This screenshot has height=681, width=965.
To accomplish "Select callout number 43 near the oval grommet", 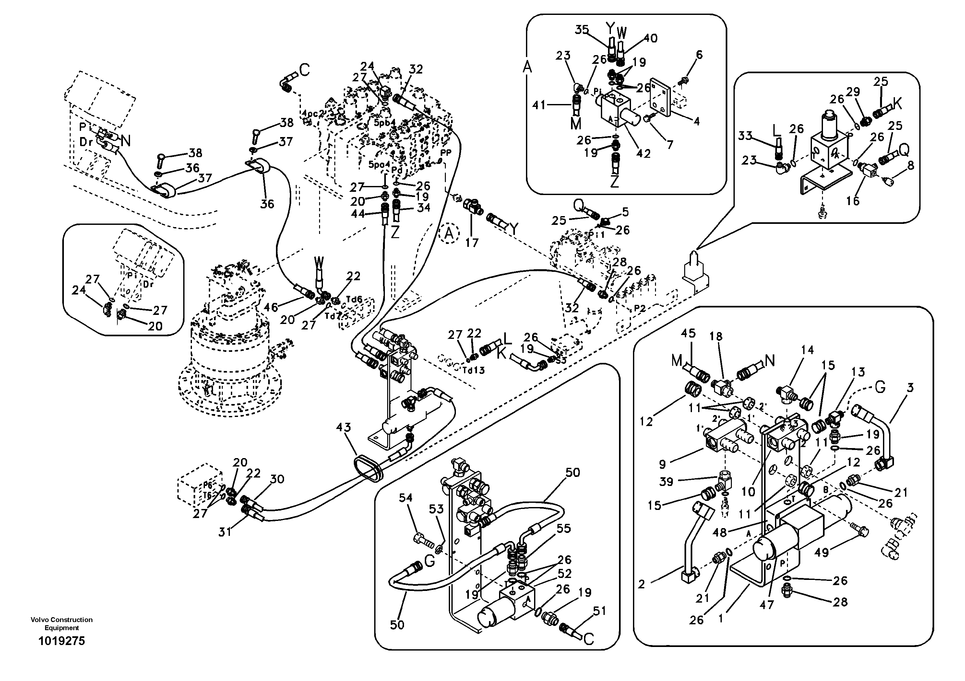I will [343, 427].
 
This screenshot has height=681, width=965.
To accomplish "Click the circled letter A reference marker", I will [449, 234].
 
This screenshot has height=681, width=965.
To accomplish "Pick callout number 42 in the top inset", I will [643, 153].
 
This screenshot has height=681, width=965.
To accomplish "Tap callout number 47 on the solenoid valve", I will [767, 605].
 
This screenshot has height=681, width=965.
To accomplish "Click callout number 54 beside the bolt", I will [406, 498].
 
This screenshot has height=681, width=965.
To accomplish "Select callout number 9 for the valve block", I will [663, 464].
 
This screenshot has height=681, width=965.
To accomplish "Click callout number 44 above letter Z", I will [358, 214].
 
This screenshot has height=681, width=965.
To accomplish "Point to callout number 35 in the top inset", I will [582, 29].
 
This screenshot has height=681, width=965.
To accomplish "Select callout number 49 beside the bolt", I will [822, 552].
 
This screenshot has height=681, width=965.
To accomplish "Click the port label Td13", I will [474, 370].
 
